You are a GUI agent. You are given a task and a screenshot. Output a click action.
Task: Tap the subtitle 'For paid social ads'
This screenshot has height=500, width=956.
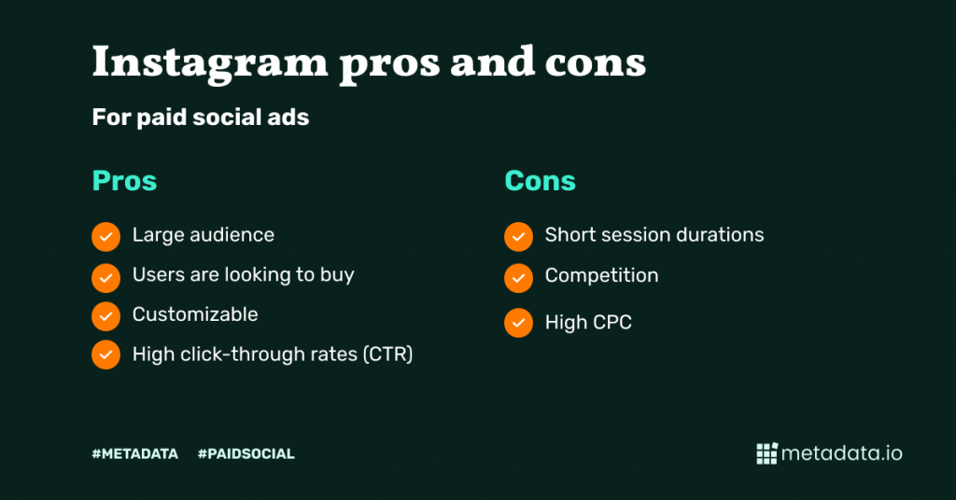point(201,117)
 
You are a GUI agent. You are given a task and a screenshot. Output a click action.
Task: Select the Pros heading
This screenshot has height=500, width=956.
point(124,181)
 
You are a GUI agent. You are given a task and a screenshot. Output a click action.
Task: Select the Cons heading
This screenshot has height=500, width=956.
point(541,181)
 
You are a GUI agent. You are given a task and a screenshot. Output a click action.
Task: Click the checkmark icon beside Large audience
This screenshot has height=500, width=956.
point(106,236)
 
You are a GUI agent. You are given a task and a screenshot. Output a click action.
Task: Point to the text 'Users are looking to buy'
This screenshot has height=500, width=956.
point(244,275)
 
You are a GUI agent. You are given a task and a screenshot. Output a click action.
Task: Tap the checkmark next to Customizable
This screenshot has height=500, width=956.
point(106,316)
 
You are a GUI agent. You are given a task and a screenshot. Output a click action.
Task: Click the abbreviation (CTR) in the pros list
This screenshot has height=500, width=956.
point(387,354)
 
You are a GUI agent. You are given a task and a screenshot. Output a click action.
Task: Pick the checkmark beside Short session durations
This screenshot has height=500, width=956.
point(519,236)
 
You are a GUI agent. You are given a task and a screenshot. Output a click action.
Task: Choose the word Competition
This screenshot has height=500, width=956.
point(602,275)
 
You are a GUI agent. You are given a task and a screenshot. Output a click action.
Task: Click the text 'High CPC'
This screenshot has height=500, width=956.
point(588,322)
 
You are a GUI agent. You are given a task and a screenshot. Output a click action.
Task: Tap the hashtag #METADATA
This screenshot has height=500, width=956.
point(135,453)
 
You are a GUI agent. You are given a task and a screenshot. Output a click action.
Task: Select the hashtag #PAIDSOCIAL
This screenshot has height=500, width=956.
point(246,453)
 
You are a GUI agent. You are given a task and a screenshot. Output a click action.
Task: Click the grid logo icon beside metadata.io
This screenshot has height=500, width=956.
point(767,453)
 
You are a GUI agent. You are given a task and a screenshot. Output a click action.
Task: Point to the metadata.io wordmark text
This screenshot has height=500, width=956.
point(842,453)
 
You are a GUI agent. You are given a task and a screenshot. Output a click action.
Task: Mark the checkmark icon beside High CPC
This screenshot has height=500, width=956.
point(519,323)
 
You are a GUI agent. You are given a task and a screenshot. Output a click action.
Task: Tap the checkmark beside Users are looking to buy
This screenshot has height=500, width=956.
point(106,278)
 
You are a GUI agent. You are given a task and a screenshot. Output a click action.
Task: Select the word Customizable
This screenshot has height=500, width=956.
point(195,314)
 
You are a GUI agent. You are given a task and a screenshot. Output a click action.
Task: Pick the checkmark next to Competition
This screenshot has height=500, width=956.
point(519,278)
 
